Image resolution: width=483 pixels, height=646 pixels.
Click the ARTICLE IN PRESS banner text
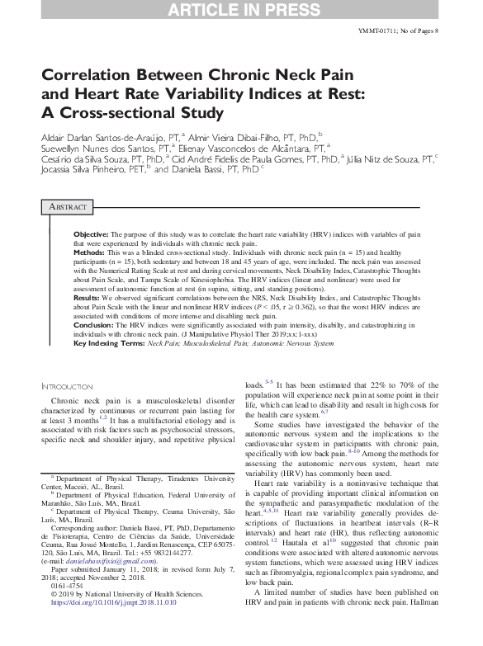click(241, 10)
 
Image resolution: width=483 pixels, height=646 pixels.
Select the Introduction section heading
click(68, 386)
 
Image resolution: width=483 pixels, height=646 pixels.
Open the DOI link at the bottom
click(113, 626)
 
